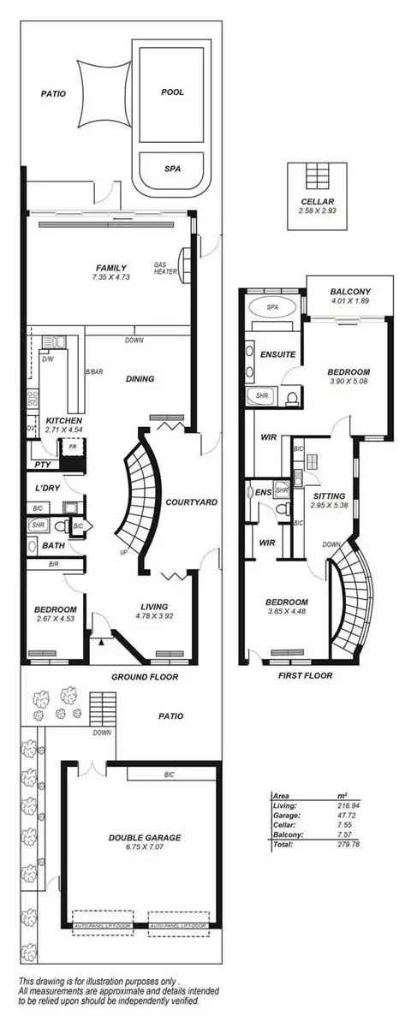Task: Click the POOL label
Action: tap(172, 92)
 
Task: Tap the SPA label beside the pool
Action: tap(172, 169)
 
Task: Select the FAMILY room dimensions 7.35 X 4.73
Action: tap(110, 278)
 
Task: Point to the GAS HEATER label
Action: tap(164, 268)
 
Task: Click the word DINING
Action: tap(140, 378)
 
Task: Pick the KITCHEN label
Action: tap(63, 421)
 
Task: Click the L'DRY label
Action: tap(45, 487)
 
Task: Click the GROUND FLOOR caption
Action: tap(144, 676)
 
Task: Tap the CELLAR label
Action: tap(319, 201)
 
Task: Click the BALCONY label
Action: tap(349, 292)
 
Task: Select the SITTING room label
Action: tap(329, 496)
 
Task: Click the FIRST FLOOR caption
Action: tap(306, 675)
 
